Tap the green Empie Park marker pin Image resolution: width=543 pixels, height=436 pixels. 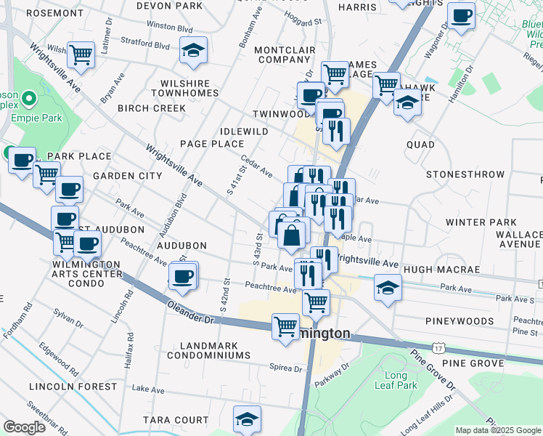pyautogui.click(x=29, y=97)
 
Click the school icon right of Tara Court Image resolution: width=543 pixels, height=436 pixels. pyautogui.click(x=247, y=419)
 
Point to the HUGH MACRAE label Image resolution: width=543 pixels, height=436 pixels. pyautogui.click(x=441, y=270)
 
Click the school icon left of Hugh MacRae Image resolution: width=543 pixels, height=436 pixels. pyautogui.click(x=388, y=287)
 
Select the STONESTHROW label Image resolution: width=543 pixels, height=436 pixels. pyautogui.click(x=465, y=174)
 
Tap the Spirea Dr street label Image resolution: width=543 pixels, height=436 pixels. pyautogui.click(x=285, y=368)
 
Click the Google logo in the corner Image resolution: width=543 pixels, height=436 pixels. pyautogui.click(x=25, y=427)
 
